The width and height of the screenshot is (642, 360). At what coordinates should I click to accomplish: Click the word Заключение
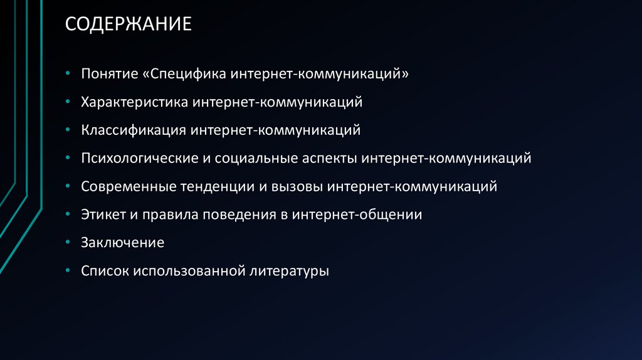pyautogui.click(x=122, y=243)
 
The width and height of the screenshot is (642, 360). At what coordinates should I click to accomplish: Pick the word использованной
pyautogui.click(x=187, y=271)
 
